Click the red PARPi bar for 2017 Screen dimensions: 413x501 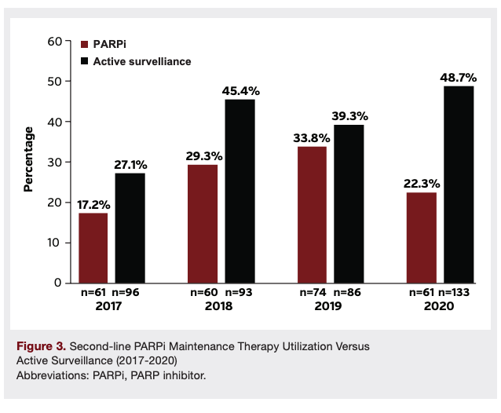93,247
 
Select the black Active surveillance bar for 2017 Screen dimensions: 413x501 130,228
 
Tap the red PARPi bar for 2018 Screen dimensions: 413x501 203,223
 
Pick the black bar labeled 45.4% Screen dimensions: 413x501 240,191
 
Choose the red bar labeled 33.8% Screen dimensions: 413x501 312,214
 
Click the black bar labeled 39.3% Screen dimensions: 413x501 349,203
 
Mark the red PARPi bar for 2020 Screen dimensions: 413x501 421,237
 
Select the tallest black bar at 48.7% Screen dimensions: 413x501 458,184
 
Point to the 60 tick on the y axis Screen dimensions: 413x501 54,41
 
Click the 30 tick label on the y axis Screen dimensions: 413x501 54,162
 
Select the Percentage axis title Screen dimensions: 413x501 28,159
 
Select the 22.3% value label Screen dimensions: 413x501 421,184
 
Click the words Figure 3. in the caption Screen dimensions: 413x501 41,345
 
